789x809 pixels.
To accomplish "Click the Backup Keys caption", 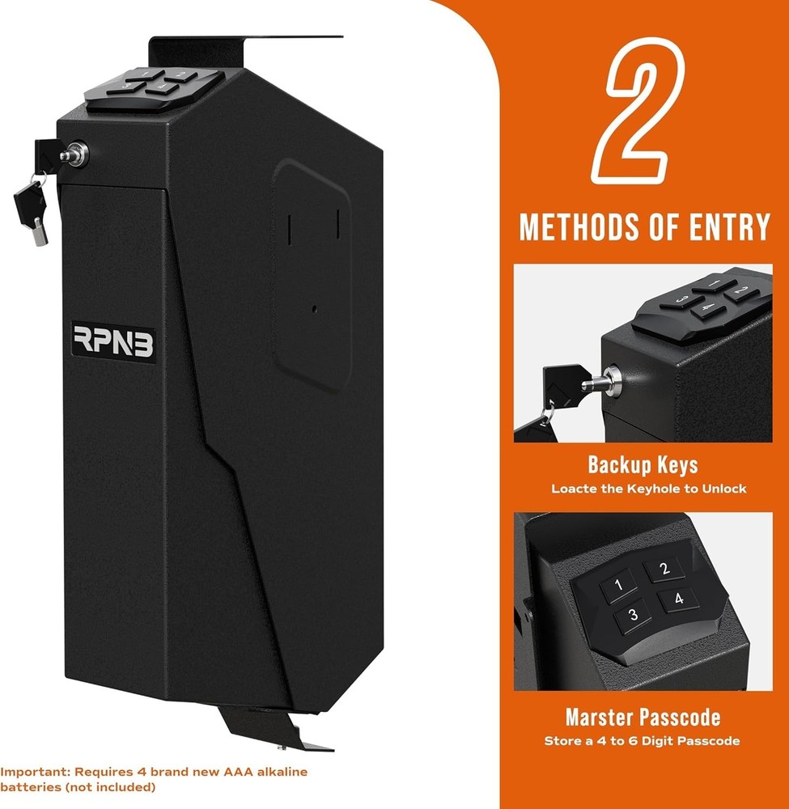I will coord(643,465).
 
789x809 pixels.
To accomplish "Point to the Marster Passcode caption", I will coord(643,718).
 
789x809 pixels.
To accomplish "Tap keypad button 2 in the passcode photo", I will coord(665,570).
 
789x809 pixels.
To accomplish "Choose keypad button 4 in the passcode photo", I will coord(678,599).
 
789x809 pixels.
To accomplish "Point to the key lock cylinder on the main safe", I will coord(75,154).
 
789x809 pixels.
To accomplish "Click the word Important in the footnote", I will coord(29,772).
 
